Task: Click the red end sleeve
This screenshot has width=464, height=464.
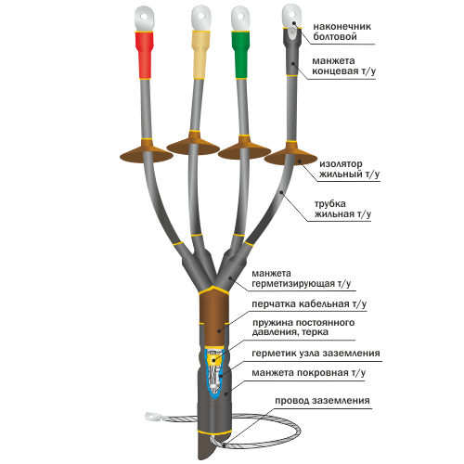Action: click(144, 55)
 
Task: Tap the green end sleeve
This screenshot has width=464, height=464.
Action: click(240, 55)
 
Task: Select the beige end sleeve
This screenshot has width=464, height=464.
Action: click(200, 55)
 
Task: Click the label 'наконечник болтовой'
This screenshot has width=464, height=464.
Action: click(342, 32)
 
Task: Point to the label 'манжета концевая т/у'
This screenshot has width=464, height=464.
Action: click(343, 66)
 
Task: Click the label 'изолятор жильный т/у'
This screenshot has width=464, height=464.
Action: click(349, 169)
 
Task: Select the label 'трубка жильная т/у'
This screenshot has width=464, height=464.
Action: click(342, 209)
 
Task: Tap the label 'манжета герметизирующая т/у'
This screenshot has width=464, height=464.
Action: click(302, 278)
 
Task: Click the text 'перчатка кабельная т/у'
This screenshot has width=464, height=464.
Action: click(309, 303)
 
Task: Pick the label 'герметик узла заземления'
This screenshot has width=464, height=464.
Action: click(316, 353)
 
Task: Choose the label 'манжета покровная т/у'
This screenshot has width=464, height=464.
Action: click(308, 372)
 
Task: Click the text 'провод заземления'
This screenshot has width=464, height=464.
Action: click(322, 400)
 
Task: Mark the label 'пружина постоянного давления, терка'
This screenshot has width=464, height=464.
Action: click(303, 328)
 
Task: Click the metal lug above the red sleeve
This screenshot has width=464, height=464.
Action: click(144, 19)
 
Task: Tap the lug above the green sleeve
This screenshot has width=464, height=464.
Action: click(240, 19)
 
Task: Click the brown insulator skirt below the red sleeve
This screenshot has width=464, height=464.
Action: click(147, 151)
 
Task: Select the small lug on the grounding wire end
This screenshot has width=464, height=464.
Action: click(152, 417)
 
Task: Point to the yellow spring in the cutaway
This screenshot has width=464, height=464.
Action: click(214, 359)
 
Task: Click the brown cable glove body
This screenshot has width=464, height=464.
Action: click(213, 318)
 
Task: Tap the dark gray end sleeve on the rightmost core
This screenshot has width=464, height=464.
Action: click(291, 52)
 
